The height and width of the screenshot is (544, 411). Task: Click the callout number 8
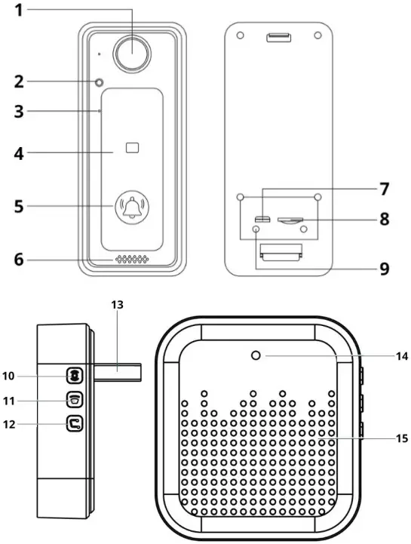pos(385,220)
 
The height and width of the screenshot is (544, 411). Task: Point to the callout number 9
pos(385,268)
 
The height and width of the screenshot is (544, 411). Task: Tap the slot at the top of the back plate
pos(278,37)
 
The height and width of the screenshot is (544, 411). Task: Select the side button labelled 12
pos(75,424)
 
